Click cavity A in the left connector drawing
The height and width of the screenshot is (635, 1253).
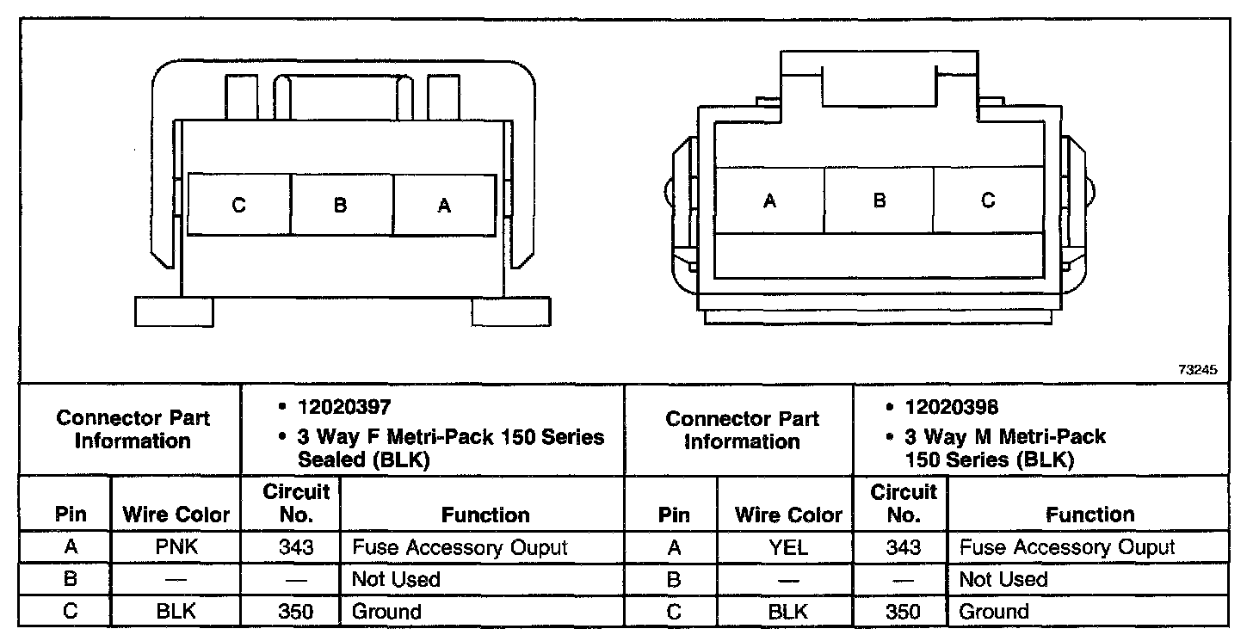coord(444,205)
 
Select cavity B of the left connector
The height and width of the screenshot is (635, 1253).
coord(341,205)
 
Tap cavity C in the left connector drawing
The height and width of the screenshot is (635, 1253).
coord(238,205)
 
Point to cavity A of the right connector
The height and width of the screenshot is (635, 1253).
coord(769,200)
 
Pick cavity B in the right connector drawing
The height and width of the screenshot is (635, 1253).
coord(879,200)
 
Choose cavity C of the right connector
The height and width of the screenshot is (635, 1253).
coord(988,200)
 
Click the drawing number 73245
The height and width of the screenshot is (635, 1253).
coord(1199,370)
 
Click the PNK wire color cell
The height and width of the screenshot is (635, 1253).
coord(176,547)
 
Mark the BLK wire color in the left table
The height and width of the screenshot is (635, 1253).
coord(176,612)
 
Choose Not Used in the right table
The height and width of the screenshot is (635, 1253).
coord(1003,579)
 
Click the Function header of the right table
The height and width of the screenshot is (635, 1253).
coord(1089,515)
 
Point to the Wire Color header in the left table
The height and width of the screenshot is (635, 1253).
coord(176,515)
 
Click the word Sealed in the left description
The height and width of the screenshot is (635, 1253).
coord(330,459)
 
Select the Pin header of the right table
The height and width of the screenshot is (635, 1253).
coord(674,515)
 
